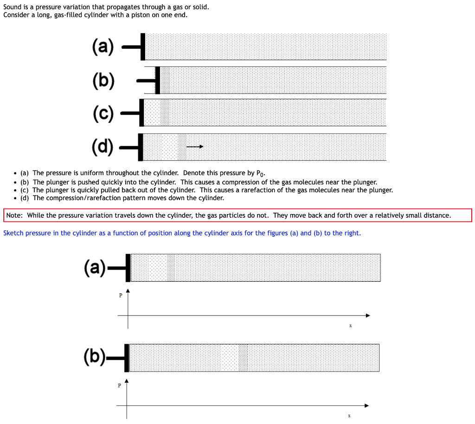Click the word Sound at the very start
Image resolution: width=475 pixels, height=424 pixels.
coord(12,7)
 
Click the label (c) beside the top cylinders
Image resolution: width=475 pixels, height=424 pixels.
coord(103,114)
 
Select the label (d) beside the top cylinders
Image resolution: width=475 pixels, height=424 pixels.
coord(103,147)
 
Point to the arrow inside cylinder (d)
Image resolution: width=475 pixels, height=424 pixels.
coord(195,147)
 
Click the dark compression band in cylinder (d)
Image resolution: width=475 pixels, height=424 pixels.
coord(182,147)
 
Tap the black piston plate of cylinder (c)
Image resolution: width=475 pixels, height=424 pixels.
coord(141,112)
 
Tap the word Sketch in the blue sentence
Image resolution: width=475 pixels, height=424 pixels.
coord(13,233)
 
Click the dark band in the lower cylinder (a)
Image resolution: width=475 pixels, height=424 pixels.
coord(171,267)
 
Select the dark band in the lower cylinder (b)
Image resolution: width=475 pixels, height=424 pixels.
coord(243,358)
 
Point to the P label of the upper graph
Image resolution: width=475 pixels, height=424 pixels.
coord(120,296)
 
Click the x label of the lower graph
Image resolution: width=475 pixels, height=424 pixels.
coord(349,416)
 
